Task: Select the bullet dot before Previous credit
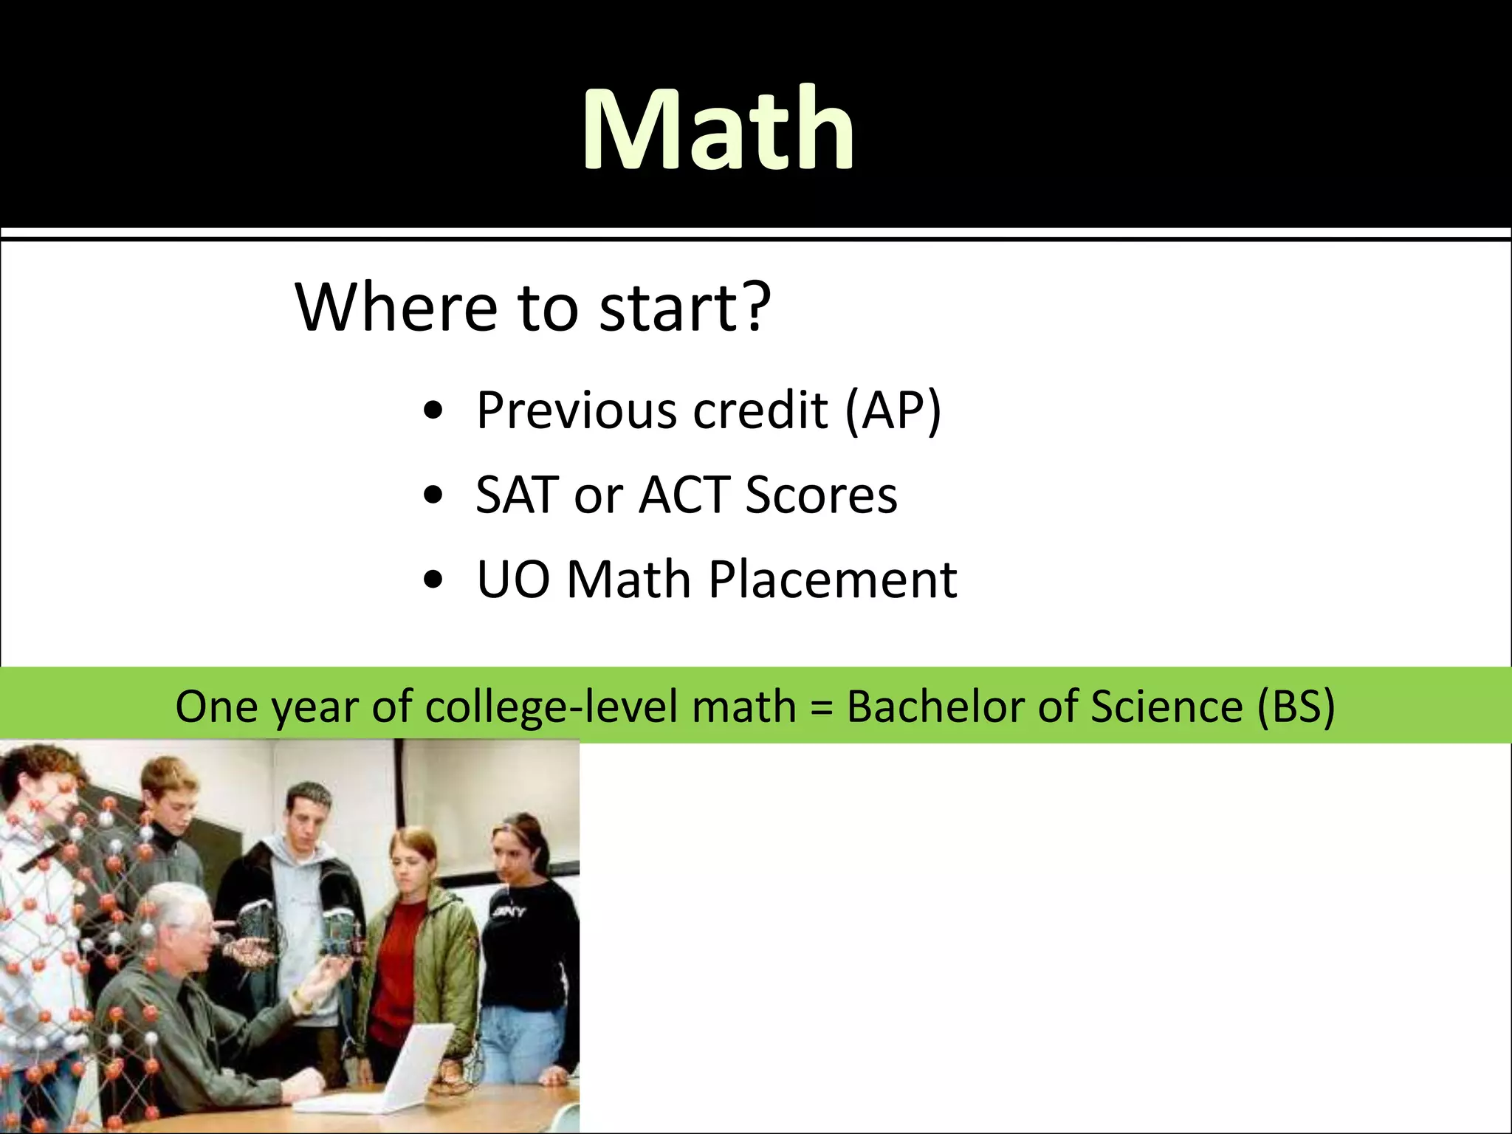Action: [433, 410]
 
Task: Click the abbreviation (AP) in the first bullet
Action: [893, 410]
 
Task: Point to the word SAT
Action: [517, 495]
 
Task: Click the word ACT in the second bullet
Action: [684, 495]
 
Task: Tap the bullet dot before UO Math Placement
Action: [433, 580]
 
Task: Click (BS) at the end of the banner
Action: [1295, 707]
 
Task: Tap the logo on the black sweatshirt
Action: [510, 913]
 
